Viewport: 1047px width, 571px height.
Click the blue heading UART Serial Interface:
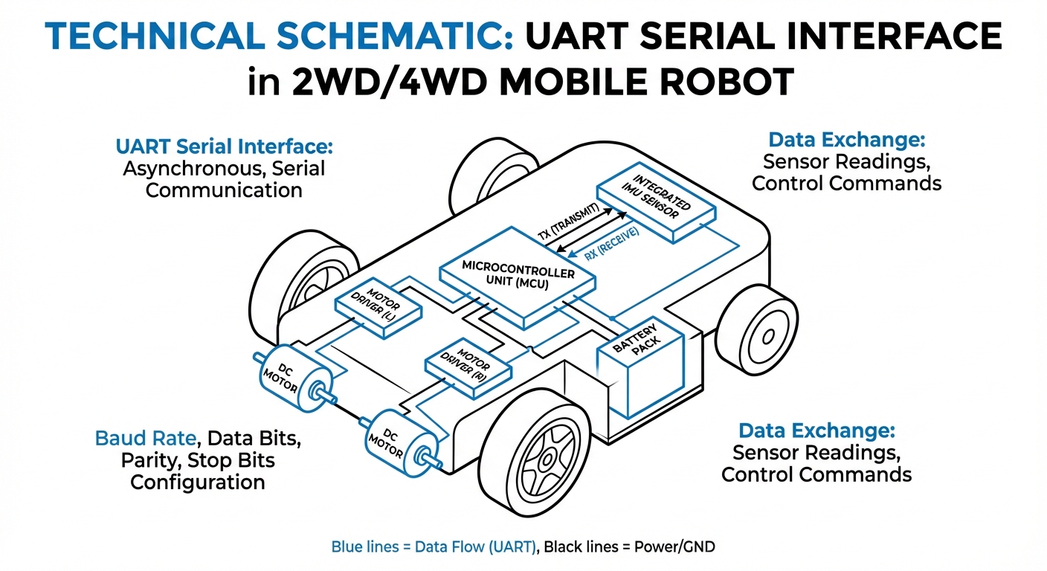pyautogui.click(x=224, y=146)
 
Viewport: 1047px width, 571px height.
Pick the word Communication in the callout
pyautogui.click(x=224, y=190)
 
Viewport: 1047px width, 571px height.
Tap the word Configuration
pyautogui.click(x=198, y=482)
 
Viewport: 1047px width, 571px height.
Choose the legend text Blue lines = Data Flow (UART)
pyautogui.click(x=434, y=547)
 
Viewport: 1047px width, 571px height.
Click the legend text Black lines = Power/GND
pyautogui.click(x=630, y=547)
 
